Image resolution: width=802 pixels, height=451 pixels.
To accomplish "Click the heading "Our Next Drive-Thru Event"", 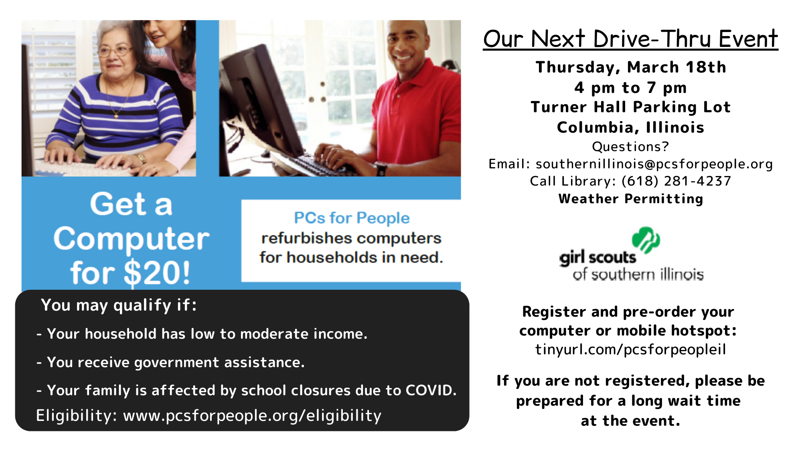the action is [630, 38].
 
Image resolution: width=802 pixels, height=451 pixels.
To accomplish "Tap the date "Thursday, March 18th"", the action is [631, 67].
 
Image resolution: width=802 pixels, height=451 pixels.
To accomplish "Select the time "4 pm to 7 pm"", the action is [630, 87].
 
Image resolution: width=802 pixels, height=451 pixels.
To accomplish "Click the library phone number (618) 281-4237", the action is [676, 181].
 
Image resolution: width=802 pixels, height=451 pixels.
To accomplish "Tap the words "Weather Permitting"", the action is [631, 199].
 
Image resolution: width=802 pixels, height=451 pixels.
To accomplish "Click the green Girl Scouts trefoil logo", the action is [646, 240].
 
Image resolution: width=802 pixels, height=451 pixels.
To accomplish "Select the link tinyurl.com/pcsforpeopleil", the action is [631, 350].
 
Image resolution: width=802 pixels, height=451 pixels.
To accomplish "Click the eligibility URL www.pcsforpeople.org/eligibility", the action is [252, 416].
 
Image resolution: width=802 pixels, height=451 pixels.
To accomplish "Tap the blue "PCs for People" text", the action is [352, 218].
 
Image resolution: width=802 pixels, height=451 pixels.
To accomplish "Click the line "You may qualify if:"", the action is [119, 305].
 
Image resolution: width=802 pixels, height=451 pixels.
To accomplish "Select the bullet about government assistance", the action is [170, 362].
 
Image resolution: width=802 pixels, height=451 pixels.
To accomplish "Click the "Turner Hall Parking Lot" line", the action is [631, 107].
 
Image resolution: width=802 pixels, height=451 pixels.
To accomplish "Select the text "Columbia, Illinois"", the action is [631, 127].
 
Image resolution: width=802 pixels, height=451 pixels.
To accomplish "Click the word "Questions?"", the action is [631, 147].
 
